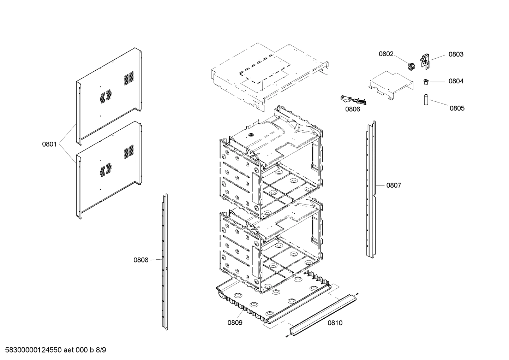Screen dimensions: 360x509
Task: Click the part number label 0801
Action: tap(49, 144)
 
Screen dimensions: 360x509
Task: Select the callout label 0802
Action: tap(386, 54)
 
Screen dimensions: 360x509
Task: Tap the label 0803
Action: tap(456, 54)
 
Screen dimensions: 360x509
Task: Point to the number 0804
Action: tap(456, 81)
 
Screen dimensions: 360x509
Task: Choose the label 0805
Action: tap(457, 108)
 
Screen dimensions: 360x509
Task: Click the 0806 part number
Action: tap(353, 109)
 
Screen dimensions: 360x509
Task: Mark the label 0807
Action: tap(394, 185)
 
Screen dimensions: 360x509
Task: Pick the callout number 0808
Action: tap(141, 260)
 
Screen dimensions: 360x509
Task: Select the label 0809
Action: tap(235, 323)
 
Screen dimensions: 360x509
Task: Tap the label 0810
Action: tap(335, 323)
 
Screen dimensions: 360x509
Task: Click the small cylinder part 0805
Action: tap(426, 99)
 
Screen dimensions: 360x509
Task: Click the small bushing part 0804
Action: tap(426, 82)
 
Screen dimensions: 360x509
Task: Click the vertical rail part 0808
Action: tap(164, 261)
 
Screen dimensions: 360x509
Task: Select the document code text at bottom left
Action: tap(54, 350)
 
